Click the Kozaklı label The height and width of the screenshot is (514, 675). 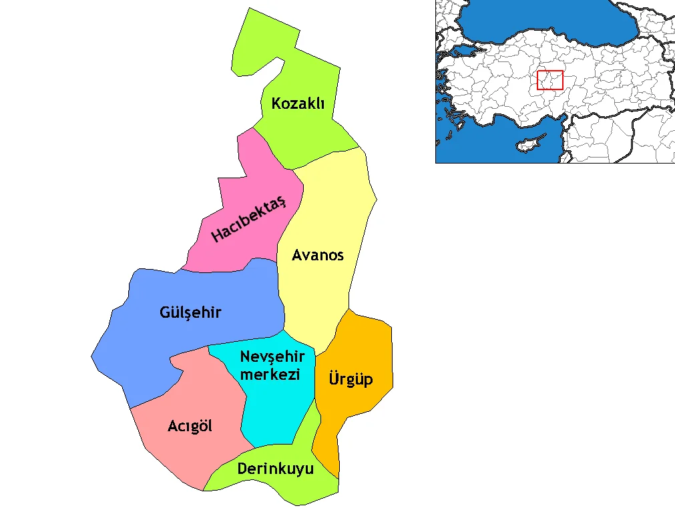click(x=298, y=103)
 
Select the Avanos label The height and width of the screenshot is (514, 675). click(x=318, y=255)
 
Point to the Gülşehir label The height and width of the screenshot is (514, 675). click(x=190, y=312)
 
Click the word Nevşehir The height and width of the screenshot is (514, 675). click(x=272, y=356)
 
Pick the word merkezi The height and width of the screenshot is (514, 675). click(x=270, y=374)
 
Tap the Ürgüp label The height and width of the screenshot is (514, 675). click(x=351, y=380)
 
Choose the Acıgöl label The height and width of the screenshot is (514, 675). click(x=190, y=426)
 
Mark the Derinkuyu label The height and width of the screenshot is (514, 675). click(x=275, y=469)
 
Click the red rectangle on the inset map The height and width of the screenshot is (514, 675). click(x=550, y=80)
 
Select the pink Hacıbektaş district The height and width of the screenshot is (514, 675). click(x=260, y=180)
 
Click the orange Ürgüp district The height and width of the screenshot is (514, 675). click(x=361, y=347)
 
